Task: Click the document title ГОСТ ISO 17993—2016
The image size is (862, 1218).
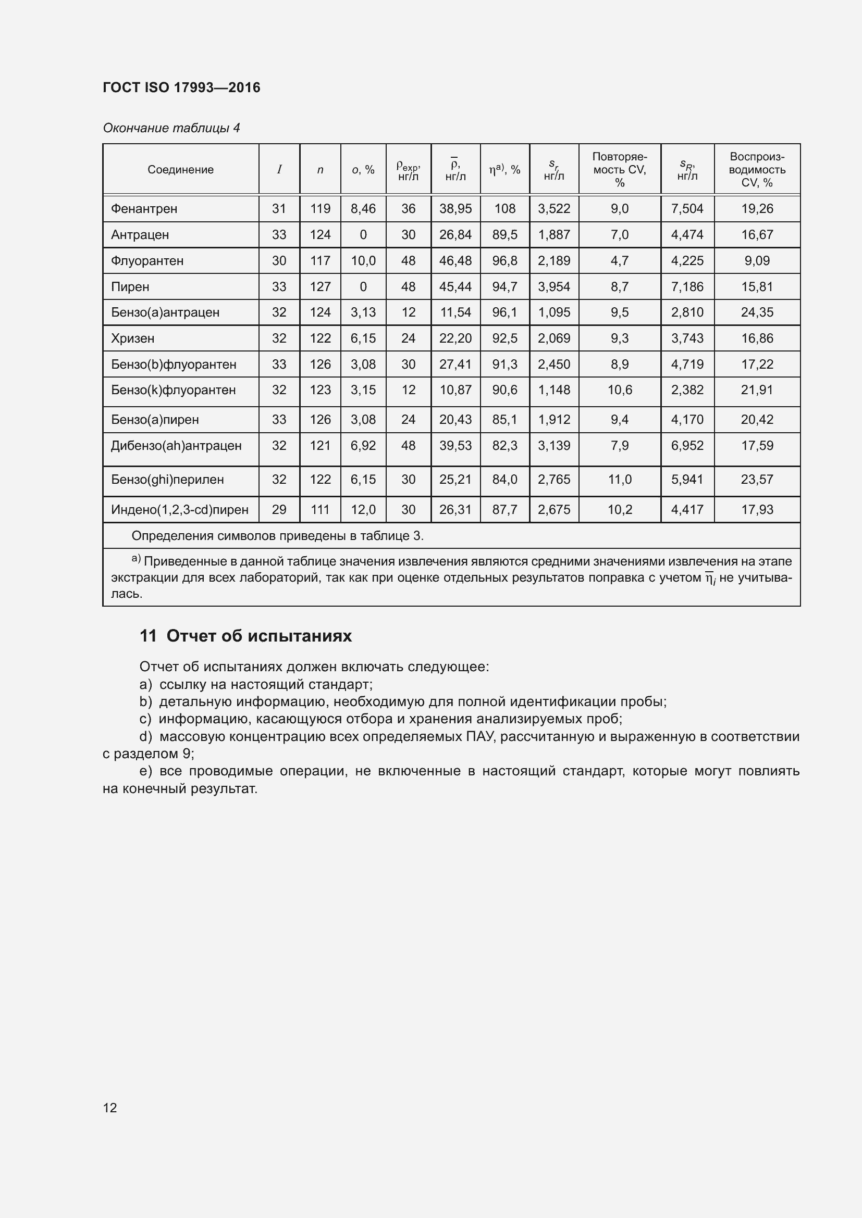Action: pos(181,87)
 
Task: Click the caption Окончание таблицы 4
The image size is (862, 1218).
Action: pos(171,128)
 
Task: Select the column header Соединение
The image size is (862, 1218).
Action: pos(180,170)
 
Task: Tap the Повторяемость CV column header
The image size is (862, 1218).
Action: pos(620,170)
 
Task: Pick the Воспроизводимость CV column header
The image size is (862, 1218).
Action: pos(757,170)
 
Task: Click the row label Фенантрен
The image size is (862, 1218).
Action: pos(144,209)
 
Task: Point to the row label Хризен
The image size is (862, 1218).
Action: pos(133,338)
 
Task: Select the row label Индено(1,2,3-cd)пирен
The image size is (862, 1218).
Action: pos(179,510)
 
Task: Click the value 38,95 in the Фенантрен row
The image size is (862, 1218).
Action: pos(455,209)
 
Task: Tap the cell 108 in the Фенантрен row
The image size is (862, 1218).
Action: pos(505,209)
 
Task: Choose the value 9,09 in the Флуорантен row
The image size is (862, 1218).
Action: pos(757,261)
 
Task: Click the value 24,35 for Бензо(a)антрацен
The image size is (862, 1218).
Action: pos(757,312)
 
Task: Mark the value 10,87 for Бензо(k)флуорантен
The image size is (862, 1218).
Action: pos(455,390)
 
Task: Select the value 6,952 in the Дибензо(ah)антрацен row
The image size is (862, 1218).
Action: pos(687,446)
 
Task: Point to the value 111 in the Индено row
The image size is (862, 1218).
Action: pos(320,510)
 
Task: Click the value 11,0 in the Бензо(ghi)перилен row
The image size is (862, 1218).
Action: pos(620,480)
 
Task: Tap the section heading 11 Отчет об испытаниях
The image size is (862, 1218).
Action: pos(246,636)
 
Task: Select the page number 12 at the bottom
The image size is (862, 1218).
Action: pos(110,1108)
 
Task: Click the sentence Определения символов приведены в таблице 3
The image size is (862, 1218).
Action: pos(278,536)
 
